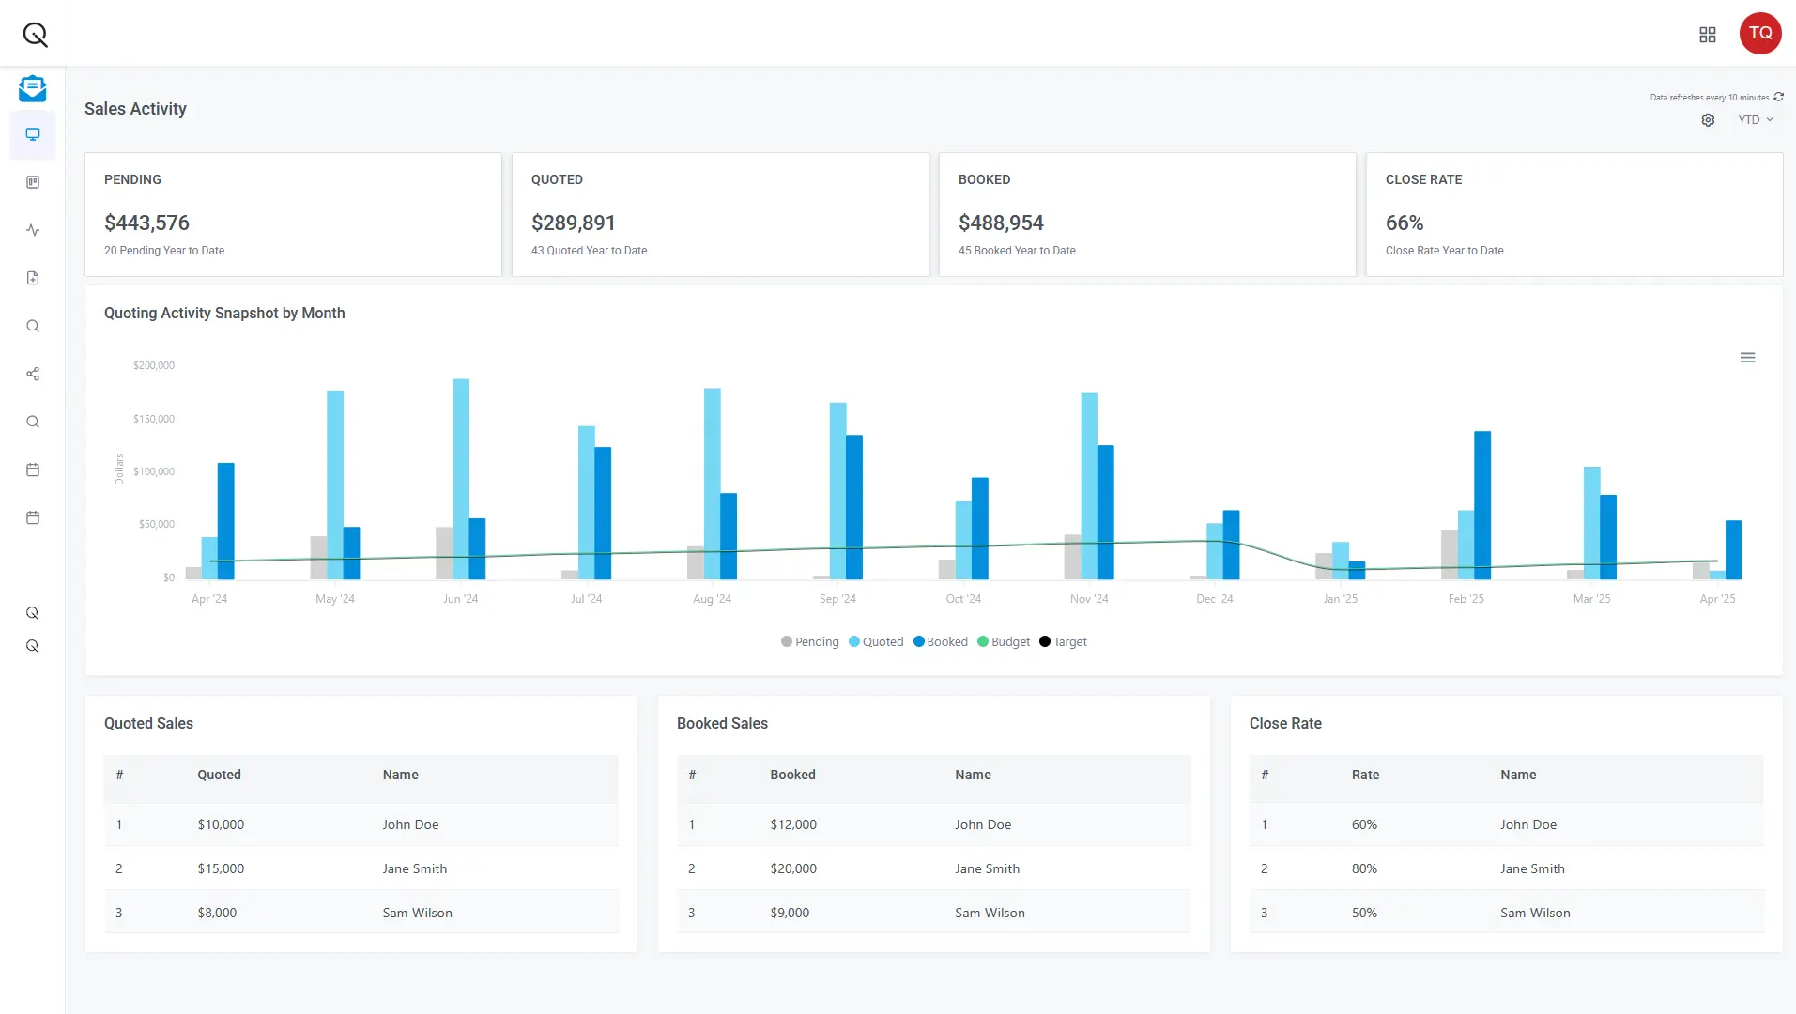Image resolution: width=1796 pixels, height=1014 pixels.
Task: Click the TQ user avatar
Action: click(1759, 33)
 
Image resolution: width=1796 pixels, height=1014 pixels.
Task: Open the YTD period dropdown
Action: click(1754, 120)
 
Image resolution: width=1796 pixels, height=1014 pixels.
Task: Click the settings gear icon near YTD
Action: click(1708, 120)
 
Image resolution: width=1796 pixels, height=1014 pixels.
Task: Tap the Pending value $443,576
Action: click(146, 223)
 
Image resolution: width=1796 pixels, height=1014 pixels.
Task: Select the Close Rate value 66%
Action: click(1404, 223)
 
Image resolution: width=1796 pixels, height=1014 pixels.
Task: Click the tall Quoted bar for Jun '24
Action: click(460, 479)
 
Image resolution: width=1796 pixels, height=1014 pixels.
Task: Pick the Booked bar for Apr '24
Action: click(225, 521)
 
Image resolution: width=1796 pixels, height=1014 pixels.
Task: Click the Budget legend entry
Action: click(1004, 642)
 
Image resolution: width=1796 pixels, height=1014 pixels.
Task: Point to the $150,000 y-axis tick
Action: click(154, 419)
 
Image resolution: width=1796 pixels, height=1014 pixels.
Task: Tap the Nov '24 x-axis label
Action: click(1088, 599)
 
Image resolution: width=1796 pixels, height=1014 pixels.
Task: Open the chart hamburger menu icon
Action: click(1747, 358)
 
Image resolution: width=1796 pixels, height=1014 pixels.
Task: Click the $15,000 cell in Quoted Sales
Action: click(221, 868)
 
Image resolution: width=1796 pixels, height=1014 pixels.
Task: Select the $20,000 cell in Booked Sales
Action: click(793, 868)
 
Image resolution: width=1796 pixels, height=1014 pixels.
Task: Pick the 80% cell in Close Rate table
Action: click(1364, 868)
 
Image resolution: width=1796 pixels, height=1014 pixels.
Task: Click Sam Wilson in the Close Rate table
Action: click(1534, 913)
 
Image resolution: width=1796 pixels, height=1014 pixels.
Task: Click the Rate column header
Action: click(1365, 775)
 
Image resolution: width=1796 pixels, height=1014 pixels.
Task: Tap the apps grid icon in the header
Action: click(1707, 35)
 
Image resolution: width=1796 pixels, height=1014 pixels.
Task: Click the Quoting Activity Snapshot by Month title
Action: click(224, 314)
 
